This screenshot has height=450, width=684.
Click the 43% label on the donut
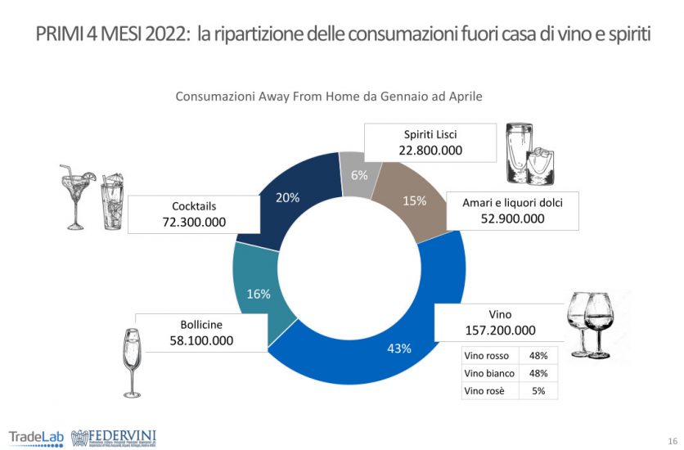(x=399, y=348)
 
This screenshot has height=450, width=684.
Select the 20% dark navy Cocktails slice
(x=288, y=198)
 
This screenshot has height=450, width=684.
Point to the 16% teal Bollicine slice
(x=259, y=294)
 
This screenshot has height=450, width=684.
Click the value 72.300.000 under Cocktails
(x=194, y=222)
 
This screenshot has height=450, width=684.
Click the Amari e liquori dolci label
(x=511, y=201)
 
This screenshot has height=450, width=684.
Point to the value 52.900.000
(x=511, y=218)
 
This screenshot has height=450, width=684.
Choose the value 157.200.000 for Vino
(x=500, y=331)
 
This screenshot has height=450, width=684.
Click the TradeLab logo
(x=36, y=435)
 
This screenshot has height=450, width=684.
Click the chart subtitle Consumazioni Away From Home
(x=329, y=96)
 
